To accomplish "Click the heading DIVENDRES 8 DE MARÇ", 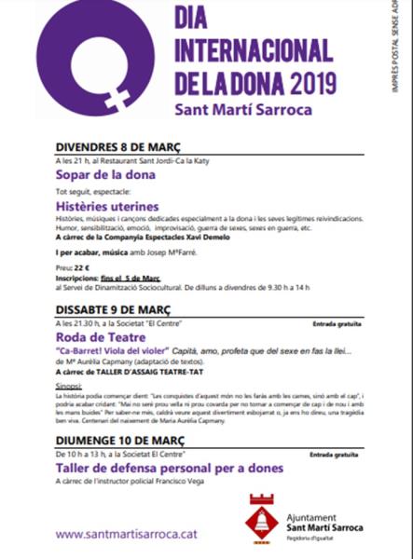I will pyautogui.click(x=118, y=148).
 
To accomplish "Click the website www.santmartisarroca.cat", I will pyautogui.click(x=125, y=534).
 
